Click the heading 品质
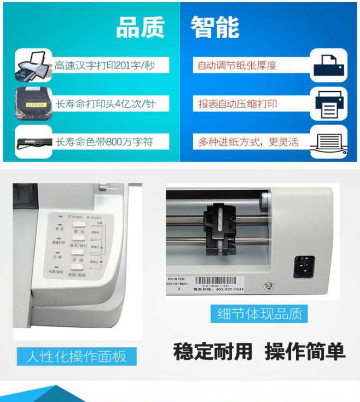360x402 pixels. [x=140, y=27]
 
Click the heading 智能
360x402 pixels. [x=215, y=27]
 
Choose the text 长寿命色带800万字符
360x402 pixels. [x=104, y=142]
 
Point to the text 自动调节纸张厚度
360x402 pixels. [x=237, y=66]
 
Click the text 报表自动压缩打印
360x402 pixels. [x=237, y=103]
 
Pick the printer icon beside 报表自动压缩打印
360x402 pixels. [x=328, y=104]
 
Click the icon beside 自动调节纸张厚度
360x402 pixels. [x=328, y=65]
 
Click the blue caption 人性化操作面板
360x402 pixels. [x=76, y=357]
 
